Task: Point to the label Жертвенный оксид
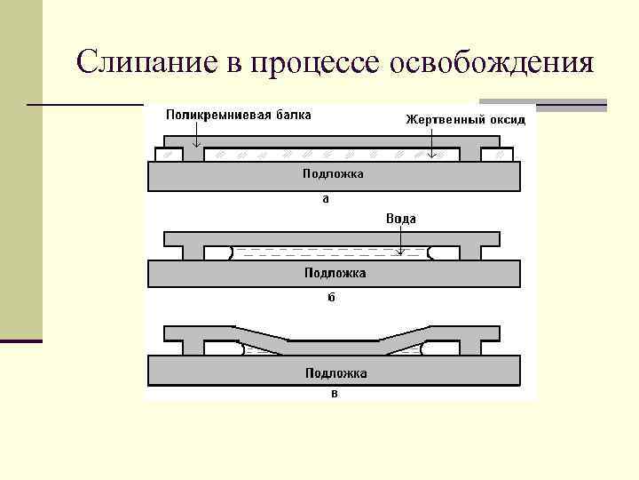[x=466, y=118]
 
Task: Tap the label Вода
[x=401, y=218]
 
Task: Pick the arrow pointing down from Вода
[x=401, y=239]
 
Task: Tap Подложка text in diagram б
[x=334, y=272]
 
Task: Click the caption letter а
[x=326, y=199]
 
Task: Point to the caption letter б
[x=330, y=298]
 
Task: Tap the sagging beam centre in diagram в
[x=333, y=347]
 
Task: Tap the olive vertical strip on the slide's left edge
[x=20, y=169]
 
